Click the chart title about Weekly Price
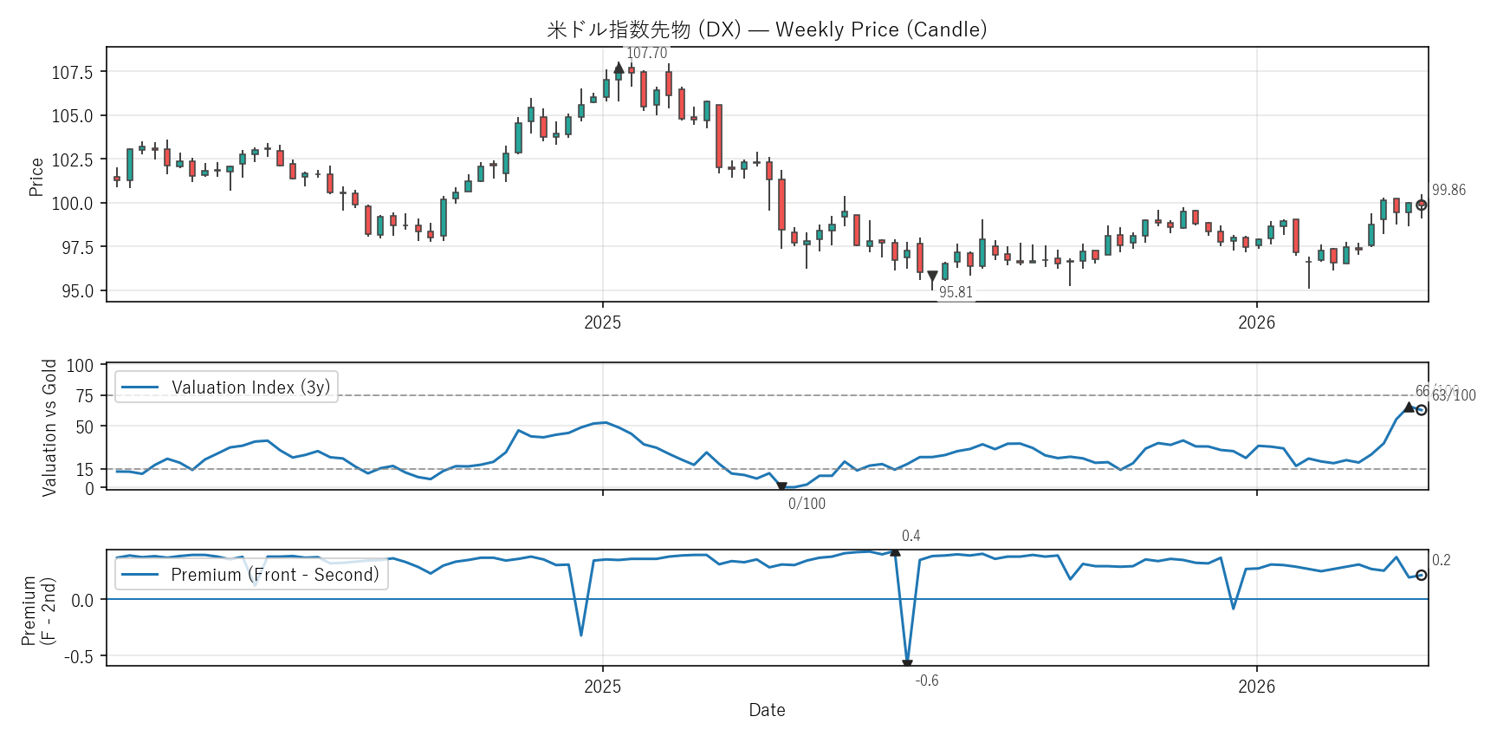767,29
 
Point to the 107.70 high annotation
646,53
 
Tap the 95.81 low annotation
956,293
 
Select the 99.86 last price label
1448,191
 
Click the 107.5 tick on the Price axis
72,72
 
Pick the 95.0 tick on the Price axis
76,291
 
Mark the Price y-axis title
36,177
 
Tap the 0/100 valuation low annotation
807,504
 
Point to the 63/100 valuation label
1454,396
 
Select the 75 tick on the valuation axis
84,396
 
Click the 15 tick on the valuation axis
84,470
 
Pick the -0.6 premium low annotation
927,681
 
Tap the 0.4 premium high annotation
911,536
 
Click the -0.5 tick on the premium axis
78,657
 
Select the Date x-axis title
767,710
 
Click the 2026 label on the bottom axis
1256,687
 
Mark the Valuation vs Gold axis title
49,427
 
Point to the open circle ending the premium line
1421,575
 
